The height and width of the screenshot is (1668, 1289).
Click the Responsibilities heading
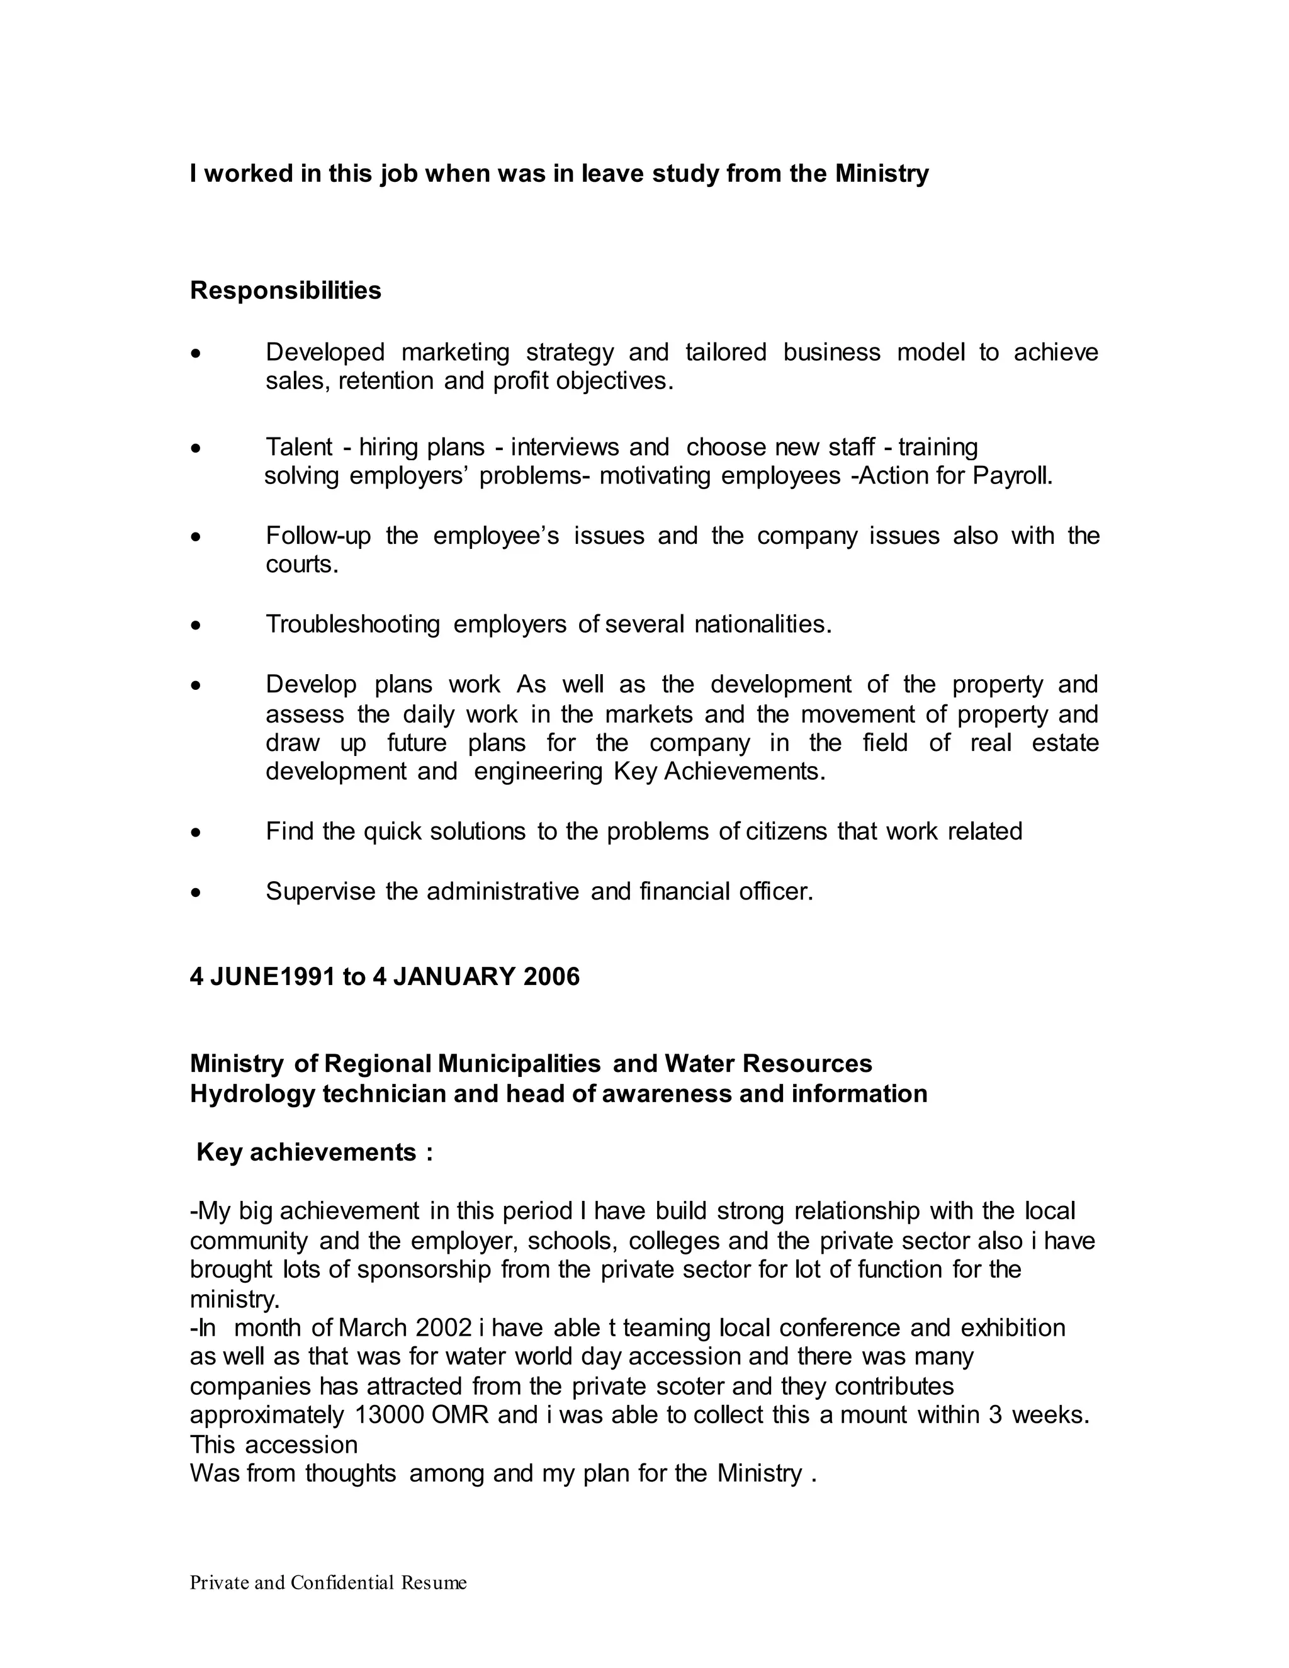[x=285, y=291]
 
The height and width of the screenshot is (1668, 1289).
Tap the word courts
[x=301, y=565]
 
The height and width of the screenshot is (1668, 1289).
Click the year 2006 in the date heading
[x=551, y=977]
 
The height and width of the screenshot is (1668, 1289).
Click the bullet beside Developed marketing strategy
[x=197, y=354]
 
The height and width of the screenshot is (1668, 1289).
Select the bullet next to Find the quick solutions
[x=197, y=833]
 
